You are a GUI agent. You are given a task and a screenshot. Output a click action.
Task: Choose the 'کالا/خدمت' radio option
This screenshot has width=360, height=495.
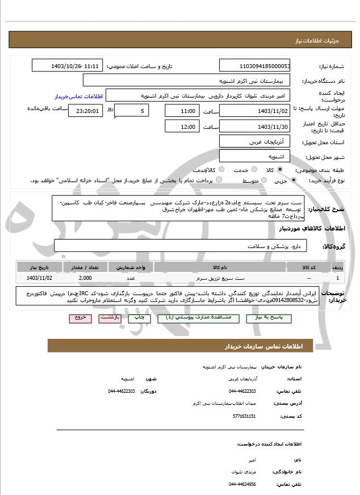click(219, 170)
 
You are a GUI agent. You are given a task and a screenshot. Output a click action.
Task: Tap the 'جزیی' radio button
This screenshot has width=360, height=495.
click(293, 181)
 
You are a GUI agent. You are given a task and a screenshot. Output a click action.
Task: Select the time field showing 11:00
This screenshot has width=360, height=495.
click(181, 111)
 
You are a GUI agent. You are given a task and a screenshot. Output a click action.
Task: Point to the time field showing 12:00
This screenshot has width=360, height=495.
click(181, 127)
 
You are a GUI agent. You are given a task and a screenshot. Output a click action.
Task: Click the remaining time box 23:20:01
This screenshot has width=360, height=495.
click(86, 111)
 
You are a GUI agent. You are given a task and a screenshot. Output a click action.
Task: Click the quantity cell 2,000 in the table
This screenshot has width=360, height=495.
click(85, 278)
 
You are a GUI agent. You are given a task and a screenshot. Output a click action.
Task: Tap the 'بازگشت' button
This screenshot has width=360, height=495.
click(110, 318)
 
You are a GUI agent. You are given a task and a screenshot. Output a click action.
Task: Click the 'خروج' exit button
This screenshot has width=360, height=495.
click(80, 318)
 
